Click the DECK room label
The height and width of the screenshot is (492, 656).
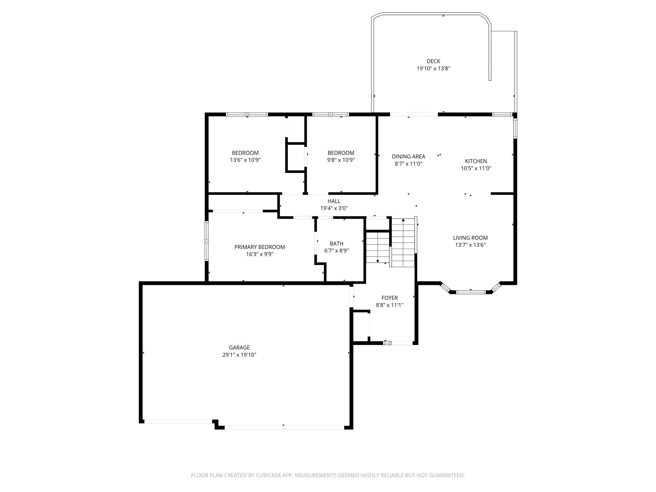pos(433,61)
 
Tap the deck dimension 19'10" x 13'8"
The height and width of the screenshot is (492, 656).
pos(433,68)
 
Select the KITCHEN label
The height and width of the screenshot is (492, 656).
pos(476,161)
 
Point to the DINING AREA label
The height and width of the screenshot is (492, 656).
pos(408,156)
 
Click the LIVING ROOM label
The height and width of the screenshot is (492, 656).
pos(470,238)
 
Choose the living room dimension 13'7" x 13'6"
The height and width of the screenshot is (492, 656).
pos(470,245)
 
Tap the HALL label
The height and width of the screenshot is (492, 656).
pos(334,201)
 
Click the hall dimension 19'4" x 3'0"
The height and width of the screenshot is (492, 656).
pos(334,208)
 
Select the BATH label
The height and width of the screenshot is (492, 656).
pos(337,243)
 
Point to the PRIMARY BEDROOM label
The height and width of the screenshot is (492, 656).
pos(260,247)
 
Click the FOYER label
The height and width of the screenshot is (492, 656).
pos(389,298)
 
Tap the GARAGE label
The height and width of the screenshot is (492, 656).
pos(239,348)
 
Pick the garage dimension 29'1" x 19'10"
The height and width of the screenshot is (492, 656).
pos(239,355)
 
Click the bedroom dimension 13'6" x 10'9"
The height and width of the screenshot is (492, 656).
pos(245,160)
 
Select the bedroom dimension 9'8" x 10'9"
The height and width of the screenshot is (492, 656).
pos(341,160)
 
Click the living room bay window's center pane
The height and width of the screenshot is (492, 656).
pos(471,292)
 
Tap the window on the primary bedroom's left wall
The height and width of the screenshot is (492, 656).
pos(207,241)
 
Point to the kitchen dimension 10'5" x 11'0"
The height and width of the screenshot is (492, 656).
pos(476,168)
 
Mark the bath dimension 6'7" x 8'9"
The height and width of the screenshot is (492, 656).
pos(337,251)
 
